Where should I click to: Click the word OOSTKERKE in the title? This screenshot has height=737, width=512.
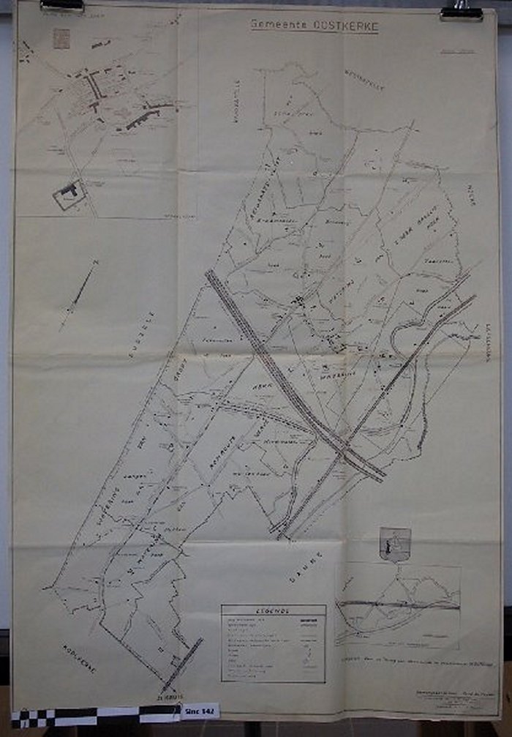coord(346,26)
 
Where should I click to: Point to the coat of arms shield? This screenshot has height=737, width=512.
coord(396,544)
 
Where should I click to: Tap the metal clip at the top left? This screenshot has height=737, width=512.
coord(62,5)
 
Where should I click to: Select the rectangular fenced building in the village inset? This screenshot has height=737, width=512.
coord(69,194)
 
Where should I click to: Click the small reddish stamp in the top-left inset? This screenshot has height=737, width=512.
coord(61,38)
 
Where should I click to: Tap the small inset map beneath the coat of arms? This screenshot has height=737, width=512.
coord(398,605)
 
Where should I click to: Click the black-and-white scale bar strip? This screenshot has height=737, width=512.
coord(95,715)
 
